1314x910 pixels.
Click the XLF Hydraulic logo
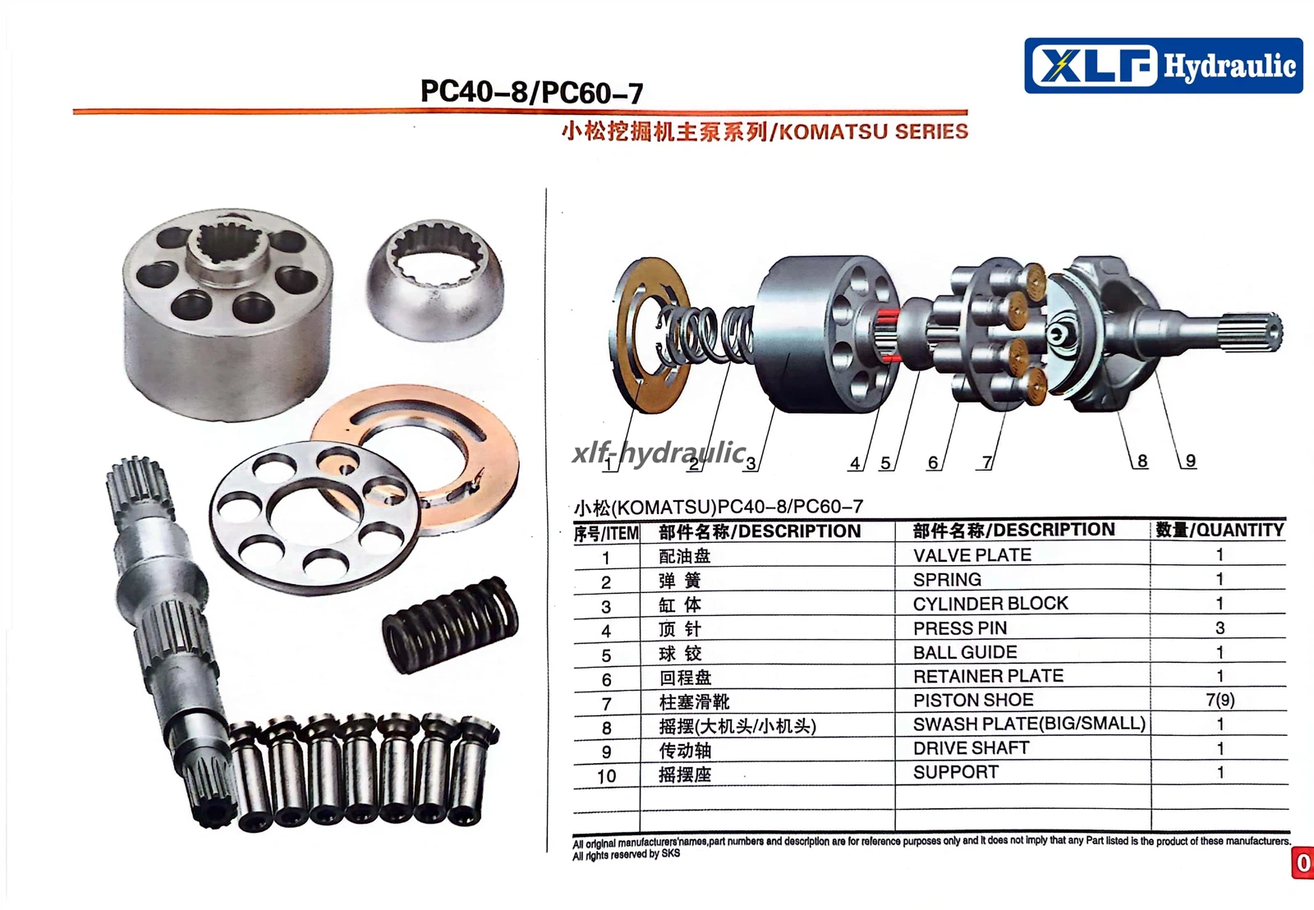point(1163,65)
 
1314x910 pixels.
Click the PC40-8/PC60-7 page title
point(531,92)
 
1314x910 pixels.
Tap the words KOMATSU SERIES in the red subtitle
point(874,131)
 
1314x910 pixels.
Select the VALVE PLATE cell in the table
point(972,555)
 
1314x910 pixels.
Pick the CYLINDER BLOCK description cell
point(990,604)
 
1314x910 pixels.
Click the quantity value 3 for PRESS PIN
point(1220,627)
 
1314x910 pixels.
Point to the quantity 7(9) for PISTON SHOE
point(1220,700)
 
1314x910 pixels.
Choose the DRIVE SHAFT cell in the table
point(971,748)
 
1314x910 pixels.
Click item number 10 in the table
point(606,776)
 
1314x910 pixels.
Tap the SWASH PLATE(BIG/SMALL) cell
point(1029,724)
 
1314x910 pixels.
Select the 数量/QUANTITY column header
point(1220,531)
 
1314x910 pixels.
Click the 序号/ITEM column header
point(606,534)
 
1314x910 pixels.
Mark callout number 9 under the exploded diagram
point(1190,461)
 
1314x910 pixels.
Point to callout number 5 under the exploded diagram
point(885,463)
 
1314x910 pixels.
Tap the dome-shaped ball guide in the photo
point(435,280)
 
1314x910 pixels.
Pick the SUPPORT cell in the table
point(956,772)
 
